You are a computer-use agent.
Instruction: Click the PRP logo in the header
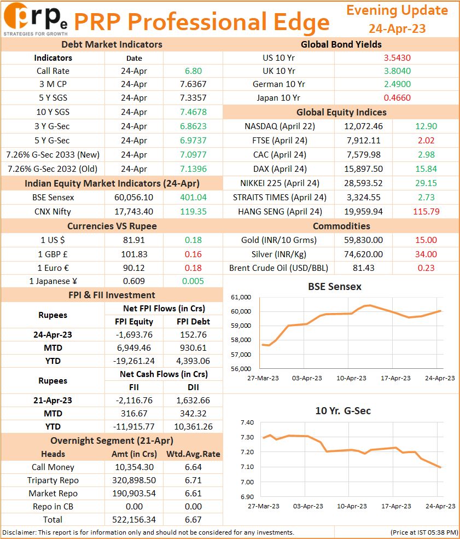click(x=36, y=19)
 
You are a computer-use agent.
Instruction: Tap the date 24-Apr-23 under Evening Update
click(x=397, y=28)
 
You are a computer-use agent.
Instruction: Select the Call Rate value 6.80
click(x=193, y=71)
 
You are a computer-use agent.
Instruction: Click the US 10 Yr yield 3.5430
click(x=397, y=58)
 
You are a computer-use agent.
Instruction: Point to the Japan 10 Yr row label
click(x=278, y=97)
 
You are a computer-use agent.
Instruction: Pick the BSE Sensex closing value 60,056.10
click(x=133, y=198)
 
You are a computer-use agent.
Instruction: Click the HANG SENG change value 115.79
click(x=426, y=211)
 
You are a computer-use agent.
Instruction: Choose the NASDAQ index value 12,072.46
click(x=364, y=126)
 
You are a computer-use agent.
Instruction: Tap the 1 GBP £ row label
click(x=53, y=254)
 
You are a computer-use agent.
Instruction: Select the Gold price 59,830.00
click(x=364, y=240)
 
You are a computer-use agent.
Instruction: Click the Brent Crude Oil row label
click(x=278, y=268)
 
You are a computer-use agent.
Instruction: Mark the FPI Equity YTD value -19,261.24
click(x=133, y=361)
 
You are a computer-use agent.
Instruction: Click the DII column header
click(x=193, y=387)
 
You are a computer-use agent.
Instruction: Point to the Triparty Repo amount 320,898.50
click(x=134, y=480)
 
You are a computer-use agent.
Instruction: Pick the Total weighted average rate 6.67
click(x=193, y=519)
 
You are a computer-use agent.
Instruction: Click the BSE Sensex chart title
click(x=335, y=287)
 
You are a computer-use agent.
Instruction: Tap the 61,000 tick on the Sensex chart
click(x=241, y=297)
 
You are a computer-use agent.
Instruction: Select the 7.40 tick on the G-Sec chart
click(x=247, y=422)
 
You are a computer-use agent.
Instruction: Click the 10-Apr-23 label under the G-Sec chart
click(x=352, y=506)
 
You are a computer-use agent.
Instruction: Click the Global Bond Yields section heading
click(x=341, y=44)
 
